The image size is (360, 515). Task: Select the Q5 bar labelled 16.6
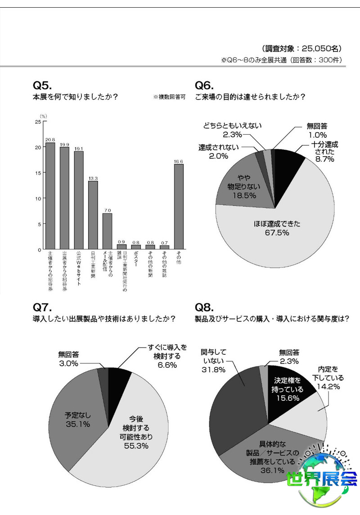(x=179, y=207)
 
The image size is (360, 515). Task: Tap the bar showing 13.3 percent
(x=93, y=215)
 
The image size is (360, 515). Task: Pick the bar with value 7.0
(x=107, y=231)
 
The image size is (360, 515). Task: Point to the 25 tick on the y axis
(x=38, y=122)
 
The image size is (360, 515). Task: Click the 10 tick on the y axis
(x=38, y=199)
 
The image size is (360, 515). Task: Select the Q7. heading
(x=42, y=307)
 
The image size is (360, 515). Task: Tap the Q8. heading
(x=204, y=307)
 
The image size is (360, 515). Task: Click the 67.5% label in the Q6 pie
(x=274, y=232)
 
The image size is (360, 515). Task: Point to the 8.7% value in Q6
(x=324, y=159)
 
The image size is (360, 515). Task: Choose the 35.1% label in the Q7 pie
(x=77, y=424)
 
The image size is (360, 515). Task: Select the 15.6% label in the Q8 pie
(x=288, y=398)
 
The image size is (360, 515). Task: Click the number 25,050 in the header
(x=314, y=48)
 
